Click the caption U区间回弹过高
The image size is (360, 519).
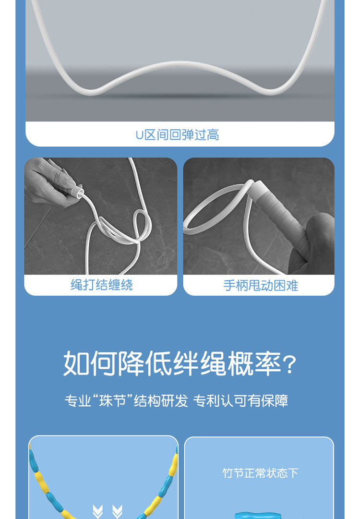(177, 135)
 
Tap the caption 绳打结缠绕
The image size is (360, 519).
(102, 285)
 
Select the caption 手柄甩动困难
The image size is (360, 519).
(261, 285)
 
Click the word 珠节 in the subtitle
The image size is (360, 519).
(113, 401)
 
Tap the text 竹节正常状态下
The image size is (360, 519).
(260, 473)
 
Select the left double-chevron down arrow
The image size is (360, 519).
(97, 511)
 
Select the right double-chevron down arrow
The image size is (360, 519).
(117, 511)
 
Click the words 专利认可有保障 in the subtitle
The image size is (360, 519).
(240, 401)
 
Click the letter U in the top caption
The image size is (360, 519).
(139, 135)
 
